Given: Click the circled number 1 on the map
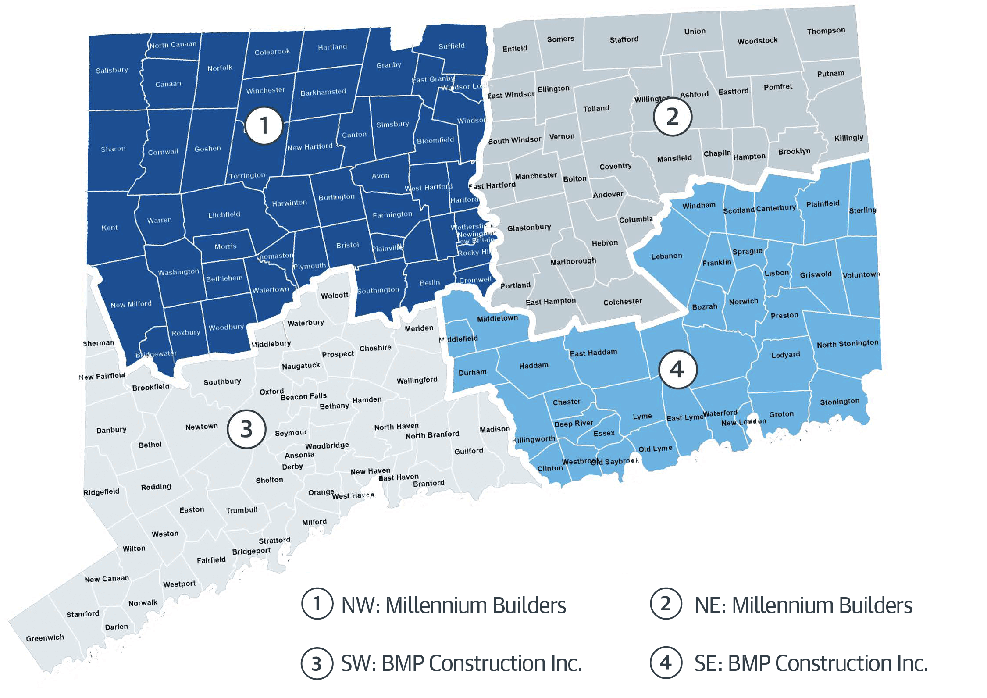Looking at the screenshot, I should [264, 125].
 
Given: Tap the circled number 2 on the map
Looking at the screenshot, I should [672, 117].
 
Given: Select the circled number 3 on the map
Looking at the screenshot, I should [246, 429].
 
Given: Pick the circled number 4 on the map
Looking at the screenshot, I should [677, 369].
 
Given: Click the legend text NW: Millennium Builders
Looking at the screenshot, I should [453, 605].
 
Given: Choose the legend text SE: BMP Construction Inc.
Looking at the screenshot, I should [811, 663].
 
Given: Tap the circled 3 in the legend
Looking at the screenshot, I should [317, 663].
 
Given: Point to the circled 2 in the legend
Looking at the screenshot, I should [666, 604].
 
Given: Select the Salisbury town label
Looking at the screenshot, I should [112, 70].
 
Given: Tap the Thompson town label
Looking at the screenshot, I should [826, 31].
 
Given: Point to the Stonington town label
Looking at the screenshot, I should [839, 402].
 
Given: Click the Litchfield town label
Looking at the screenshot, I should [224, 214].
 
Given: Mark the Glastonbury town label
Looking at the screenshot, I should [529, 228].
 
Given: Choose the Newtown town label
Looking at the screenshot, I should [201, 427].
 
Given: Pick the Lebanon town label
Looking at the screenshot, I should [666, 256].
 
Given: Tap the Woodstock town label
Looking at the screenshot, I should [757, 41].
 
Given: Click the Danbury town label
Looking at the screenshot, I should [111, 430].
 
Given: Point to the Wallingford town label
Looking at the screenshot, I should [417, 380].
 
